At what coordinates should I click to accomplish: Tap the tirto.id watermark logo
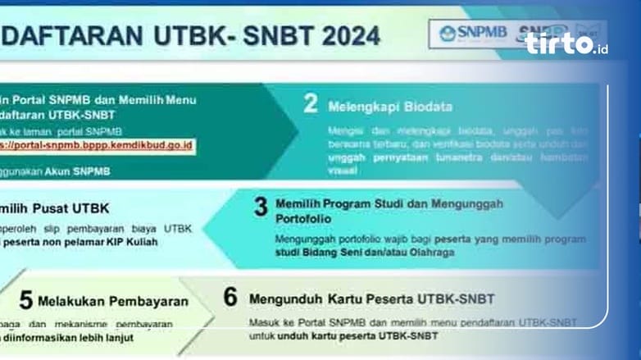tap(566, 44)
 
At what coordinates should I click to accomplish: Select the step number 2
tap(310, 103)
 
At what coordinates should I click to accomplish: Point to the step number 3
tap(261, 207)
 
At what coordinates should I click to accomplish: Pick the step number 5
tap(26, 300)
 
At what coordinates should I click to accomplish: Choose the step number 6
tap(230, 297)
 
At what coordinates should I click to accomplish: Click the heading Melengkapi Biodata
tap(390, 107)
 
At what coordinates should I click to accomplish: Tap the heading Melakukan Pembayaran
tap(113, 301)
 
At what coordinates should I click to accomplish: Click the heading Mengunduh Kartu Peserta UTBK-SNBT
tap(371, 298)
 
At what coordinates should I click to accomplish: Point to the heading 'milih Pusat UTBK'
tap(55, 207)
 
